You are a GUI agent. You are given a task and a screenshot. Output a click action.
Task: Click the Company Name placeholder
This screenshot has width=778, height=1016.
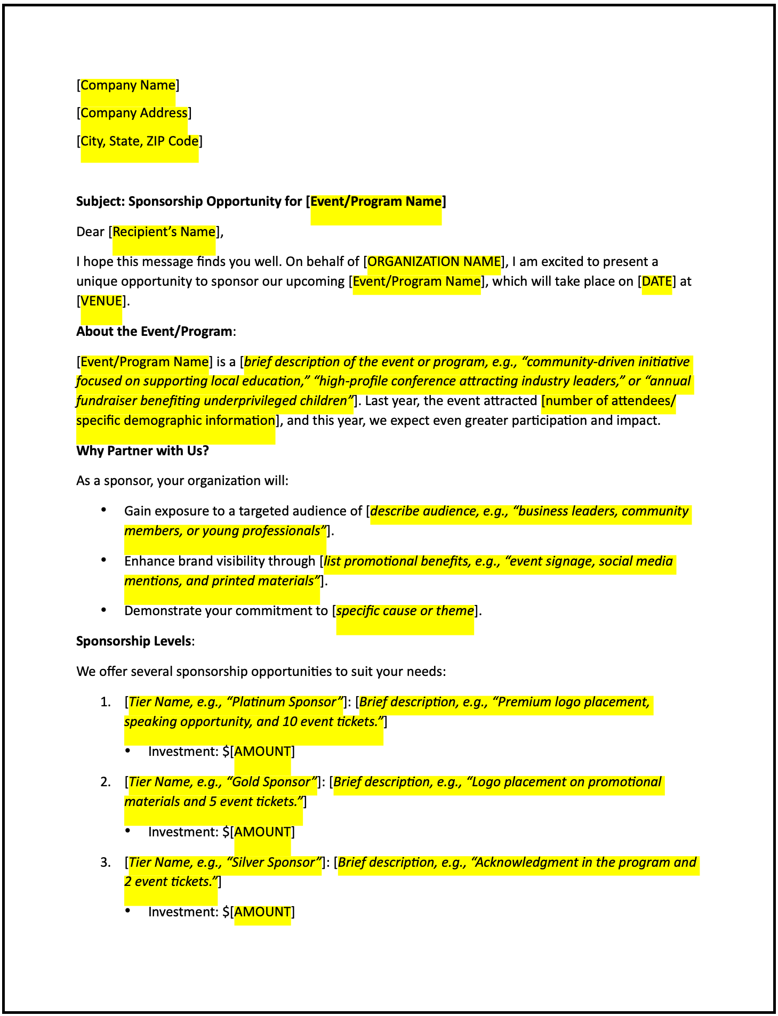128,85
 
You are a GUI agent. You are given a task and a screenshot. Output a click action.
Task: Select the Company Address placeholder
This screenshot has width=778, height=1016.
134,113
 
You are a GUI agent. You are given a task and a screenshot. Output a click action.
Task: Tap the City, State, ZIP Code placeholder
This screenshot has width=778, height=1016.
140,141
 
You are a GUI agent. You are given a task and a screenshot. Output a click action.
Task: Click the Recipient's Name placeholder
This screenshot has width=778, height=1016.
164,232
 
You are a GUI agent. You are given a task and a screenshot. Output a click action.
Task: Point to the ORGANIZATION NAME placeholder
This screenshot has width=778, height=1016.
434,262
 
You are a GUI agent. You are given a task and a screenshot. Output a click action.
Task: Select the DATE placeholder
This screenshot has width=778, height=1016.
656,281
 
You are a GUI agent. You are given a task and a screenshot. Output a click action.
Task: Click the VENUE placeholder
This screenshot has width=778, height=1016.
101,301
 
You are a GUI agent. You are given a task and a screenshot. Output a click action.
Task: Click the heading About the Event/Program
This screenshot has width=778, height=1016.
155,332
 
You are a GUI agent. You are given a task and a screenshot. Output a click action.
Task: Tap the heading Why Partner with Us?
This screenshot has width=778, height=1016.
142,451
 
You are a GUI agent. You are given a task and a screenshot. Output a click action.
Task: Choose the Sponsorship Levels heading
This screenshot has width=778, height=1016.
134,641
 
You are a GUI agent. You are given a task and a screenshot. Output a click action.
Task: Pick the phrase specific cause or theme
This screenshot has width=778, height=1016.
405,611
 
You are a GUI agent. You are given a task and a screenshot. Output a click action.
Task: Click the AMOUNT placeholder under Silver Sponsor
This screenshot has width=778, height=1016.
262,912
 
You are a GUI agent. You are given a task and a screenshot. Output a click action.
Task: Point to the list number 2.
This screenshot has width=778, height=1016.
106,782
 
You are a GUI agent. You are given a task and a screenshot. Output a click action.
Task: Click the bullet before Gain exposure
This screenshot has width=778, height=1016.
104,510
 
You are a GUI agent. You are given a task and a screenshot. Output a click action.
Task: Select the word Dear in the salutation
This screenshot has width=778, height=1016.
90,232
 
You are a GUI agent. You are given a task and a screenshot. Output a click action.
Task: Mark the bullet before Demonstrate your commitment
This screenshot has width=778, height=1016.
104,610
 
